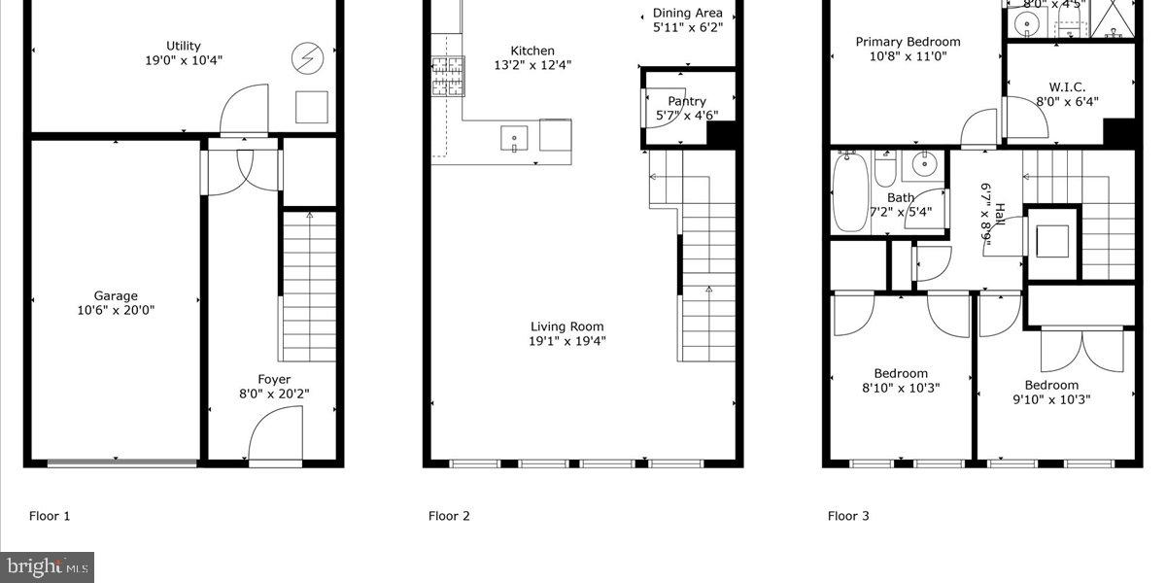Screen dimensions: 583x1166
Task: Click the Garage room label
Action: (116, 295)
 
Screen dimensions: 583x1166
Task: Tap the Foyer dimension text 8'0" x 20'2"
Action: (274, 394)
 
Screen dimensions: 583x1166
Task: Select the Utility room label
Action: (183, 46)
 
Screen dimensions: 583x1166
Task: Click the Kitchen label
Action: (532, 51)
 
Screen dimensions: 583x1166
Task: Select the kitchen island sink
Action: (514, 139)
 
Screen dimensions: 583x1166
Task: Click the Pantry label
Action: (687, 101)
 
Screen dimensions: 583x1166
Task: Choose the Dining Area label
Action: (687, 13)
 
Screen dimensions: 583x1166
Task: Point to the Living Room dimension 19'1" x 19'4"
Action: (567, 341)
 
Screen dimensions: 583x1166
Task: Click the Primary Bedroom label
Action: (908, 42)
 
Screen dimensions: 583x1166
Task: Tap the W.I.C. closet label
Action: (1067, 86)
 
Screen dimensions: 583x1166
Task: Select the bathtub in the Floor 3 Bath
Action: (851, 192)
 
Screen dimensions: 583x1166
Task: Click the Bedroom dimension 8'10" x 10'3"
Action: (901, 388)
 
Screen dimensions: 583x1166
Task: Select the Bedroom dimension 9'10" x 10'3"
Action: (1051, 398)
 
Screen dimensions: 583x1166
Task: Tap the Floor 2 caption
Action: (449, 516)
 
